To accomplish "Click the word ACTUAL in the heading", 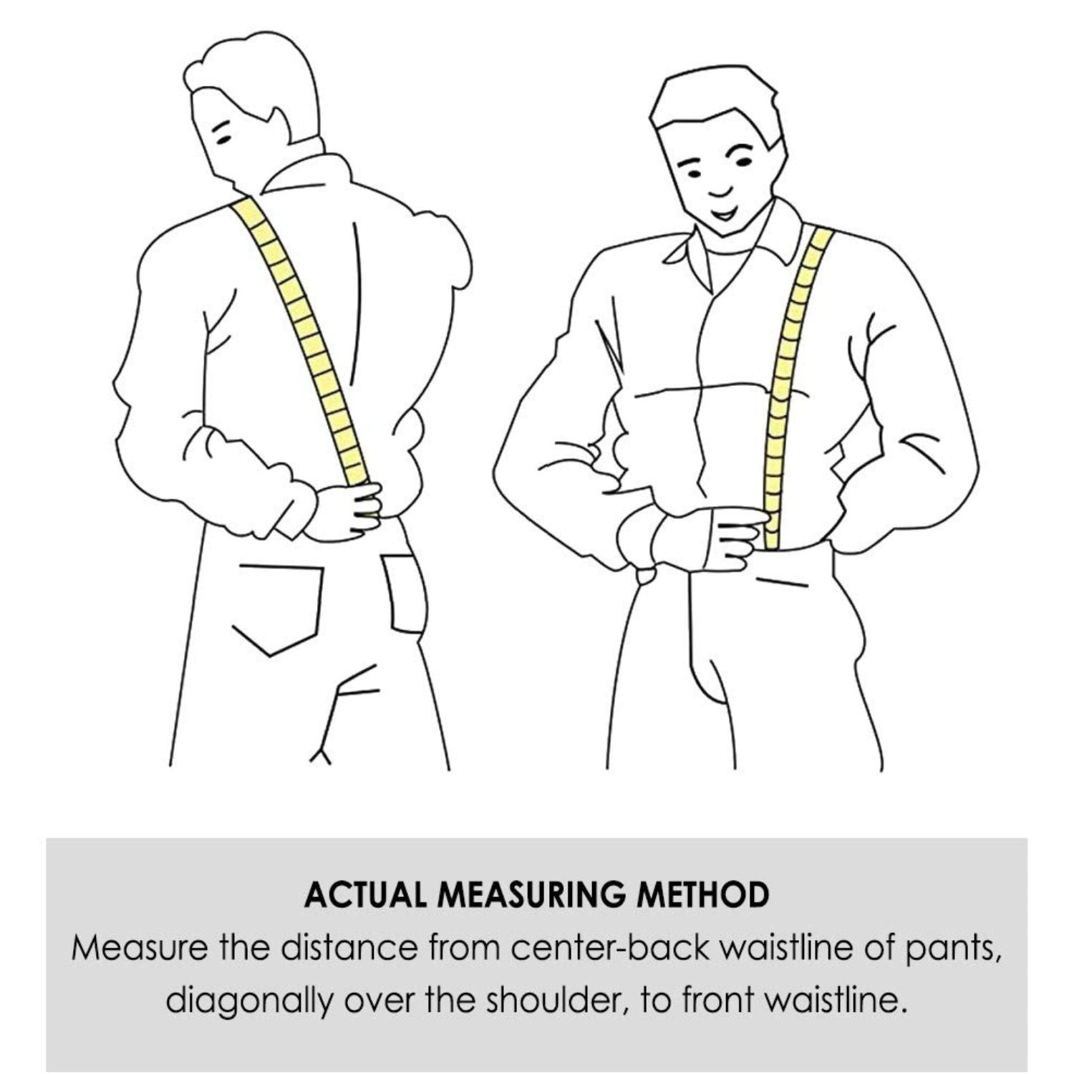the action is coord(364,894).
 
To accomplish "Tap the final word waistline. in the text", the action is coord(836,1000).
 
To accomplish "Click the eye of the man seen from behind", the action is coord(224,137).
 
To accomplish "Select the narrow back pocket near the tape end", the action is coord(405,594).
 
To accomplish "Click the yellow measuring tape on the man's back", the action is coord(301,344).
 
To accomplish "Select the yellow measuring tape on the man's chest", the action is coord(795,387).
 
